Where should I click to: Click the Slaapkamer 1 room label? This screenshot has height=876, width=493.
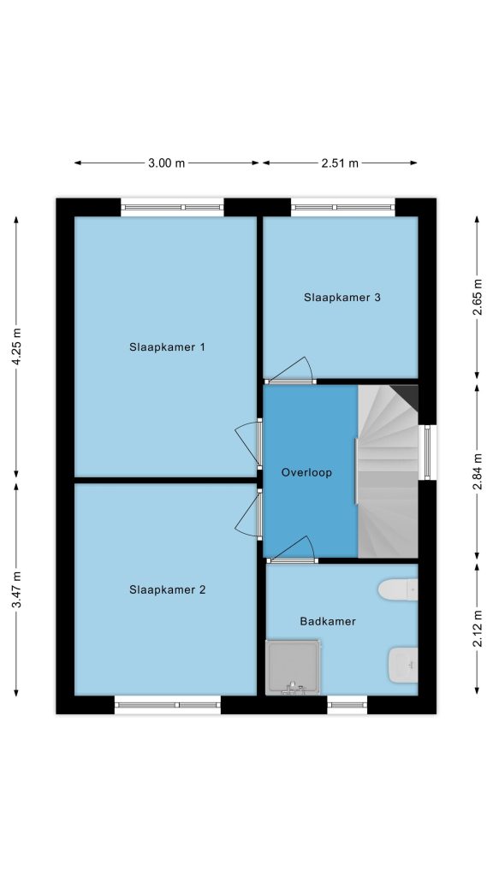(x=167, y=347)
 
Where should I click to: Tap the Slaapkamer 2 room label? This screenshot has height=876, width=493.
(x=167, y=589)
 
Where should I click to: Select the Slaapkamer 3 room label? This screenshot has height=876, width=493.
(x=342, y=297)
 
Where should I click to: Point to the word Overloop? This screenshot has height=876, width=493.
(x=306, y=472)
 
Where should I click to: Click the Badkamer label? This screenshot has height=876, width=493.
(x=328, y=621)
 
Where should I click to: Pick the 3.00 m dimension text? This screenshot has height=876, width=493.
(x=167, y=163)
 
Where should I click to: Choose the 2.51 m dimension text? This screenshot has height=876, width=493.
(x=340, y=163)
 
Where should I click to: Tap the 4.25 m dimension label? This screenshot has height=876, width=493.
(x=16, y=347)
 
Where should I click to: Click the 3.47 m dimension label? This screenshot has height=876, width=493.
(x=16, y=590)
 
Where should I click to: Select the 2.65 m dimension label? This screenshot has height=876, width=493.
(x=478, y=297)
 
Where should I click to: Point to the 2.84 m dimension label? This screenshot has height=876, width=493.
(x=478, y=472)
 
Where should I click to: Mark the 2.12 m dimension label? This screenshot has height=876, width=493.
(x=478, y=629)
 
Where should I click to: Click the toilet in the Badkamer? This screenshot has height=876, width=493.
(x=398, y=589)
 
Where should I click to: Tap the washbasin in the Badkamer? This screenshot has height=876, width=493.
(x=403, y=665)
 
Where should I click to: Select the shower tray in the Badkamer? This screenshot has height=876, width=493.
(x=293, y=667)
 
